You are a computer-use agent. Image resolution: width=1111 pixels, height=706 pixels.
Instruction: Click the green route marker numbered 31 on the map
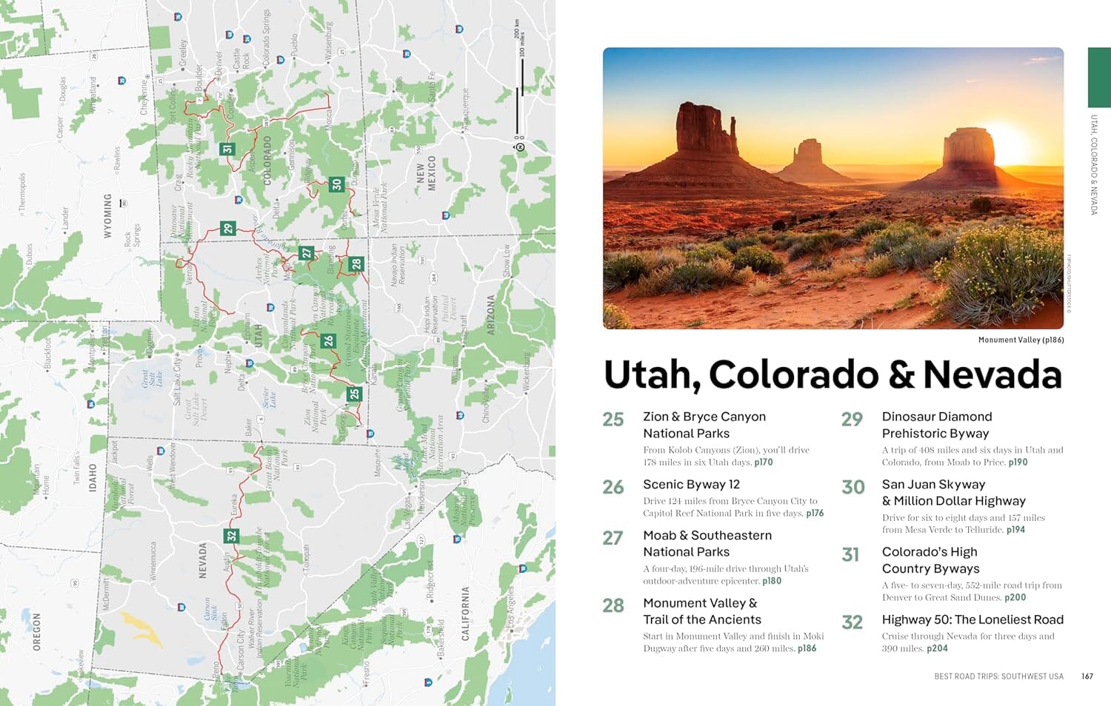click(227, 149)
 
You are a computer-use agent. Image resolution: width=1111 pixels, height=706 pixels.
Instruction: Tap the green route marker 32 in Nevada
click(232, 535)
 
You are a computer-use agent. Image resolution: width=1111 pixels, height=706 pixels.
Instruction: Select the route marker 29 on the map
click(227, 228)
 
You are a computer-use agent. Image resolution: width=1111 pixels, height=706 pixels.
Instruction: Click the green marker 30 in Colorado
click(337, 184)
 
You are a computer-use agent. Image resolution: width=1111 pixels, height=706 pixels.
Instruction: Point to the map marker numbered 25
click(354, 394)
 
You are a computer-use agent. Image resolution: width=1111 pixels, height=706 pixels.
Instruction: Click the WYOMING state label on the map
click(108, 216)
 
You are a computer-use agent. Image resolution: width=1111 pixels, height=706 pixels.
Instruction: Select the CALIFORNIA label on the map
click(465, 613)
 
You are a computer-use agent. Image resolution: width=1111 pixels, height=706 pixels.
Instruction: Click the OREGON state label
click(37, 631)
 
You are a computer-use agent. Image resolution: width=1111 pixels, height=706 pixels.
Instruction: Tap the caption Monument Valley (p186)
click(1021, 340)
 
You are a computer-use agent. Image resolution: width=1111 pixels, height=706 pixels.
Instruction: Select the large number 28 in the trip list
click(613, 606)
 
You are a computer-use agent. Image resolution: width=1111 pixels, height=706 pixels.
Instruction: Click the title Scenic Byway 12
click(691, 484)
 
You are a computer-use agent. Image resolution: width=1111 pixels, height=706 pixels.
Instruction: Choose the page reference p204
click(937, 648)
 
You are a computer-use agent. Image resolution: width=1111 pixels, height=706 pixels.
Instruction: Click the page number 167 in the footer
click(1087, 676)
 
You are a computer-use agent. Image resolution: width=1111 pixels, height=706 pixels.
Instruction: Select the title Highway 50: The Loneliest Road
click(972, 619)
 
